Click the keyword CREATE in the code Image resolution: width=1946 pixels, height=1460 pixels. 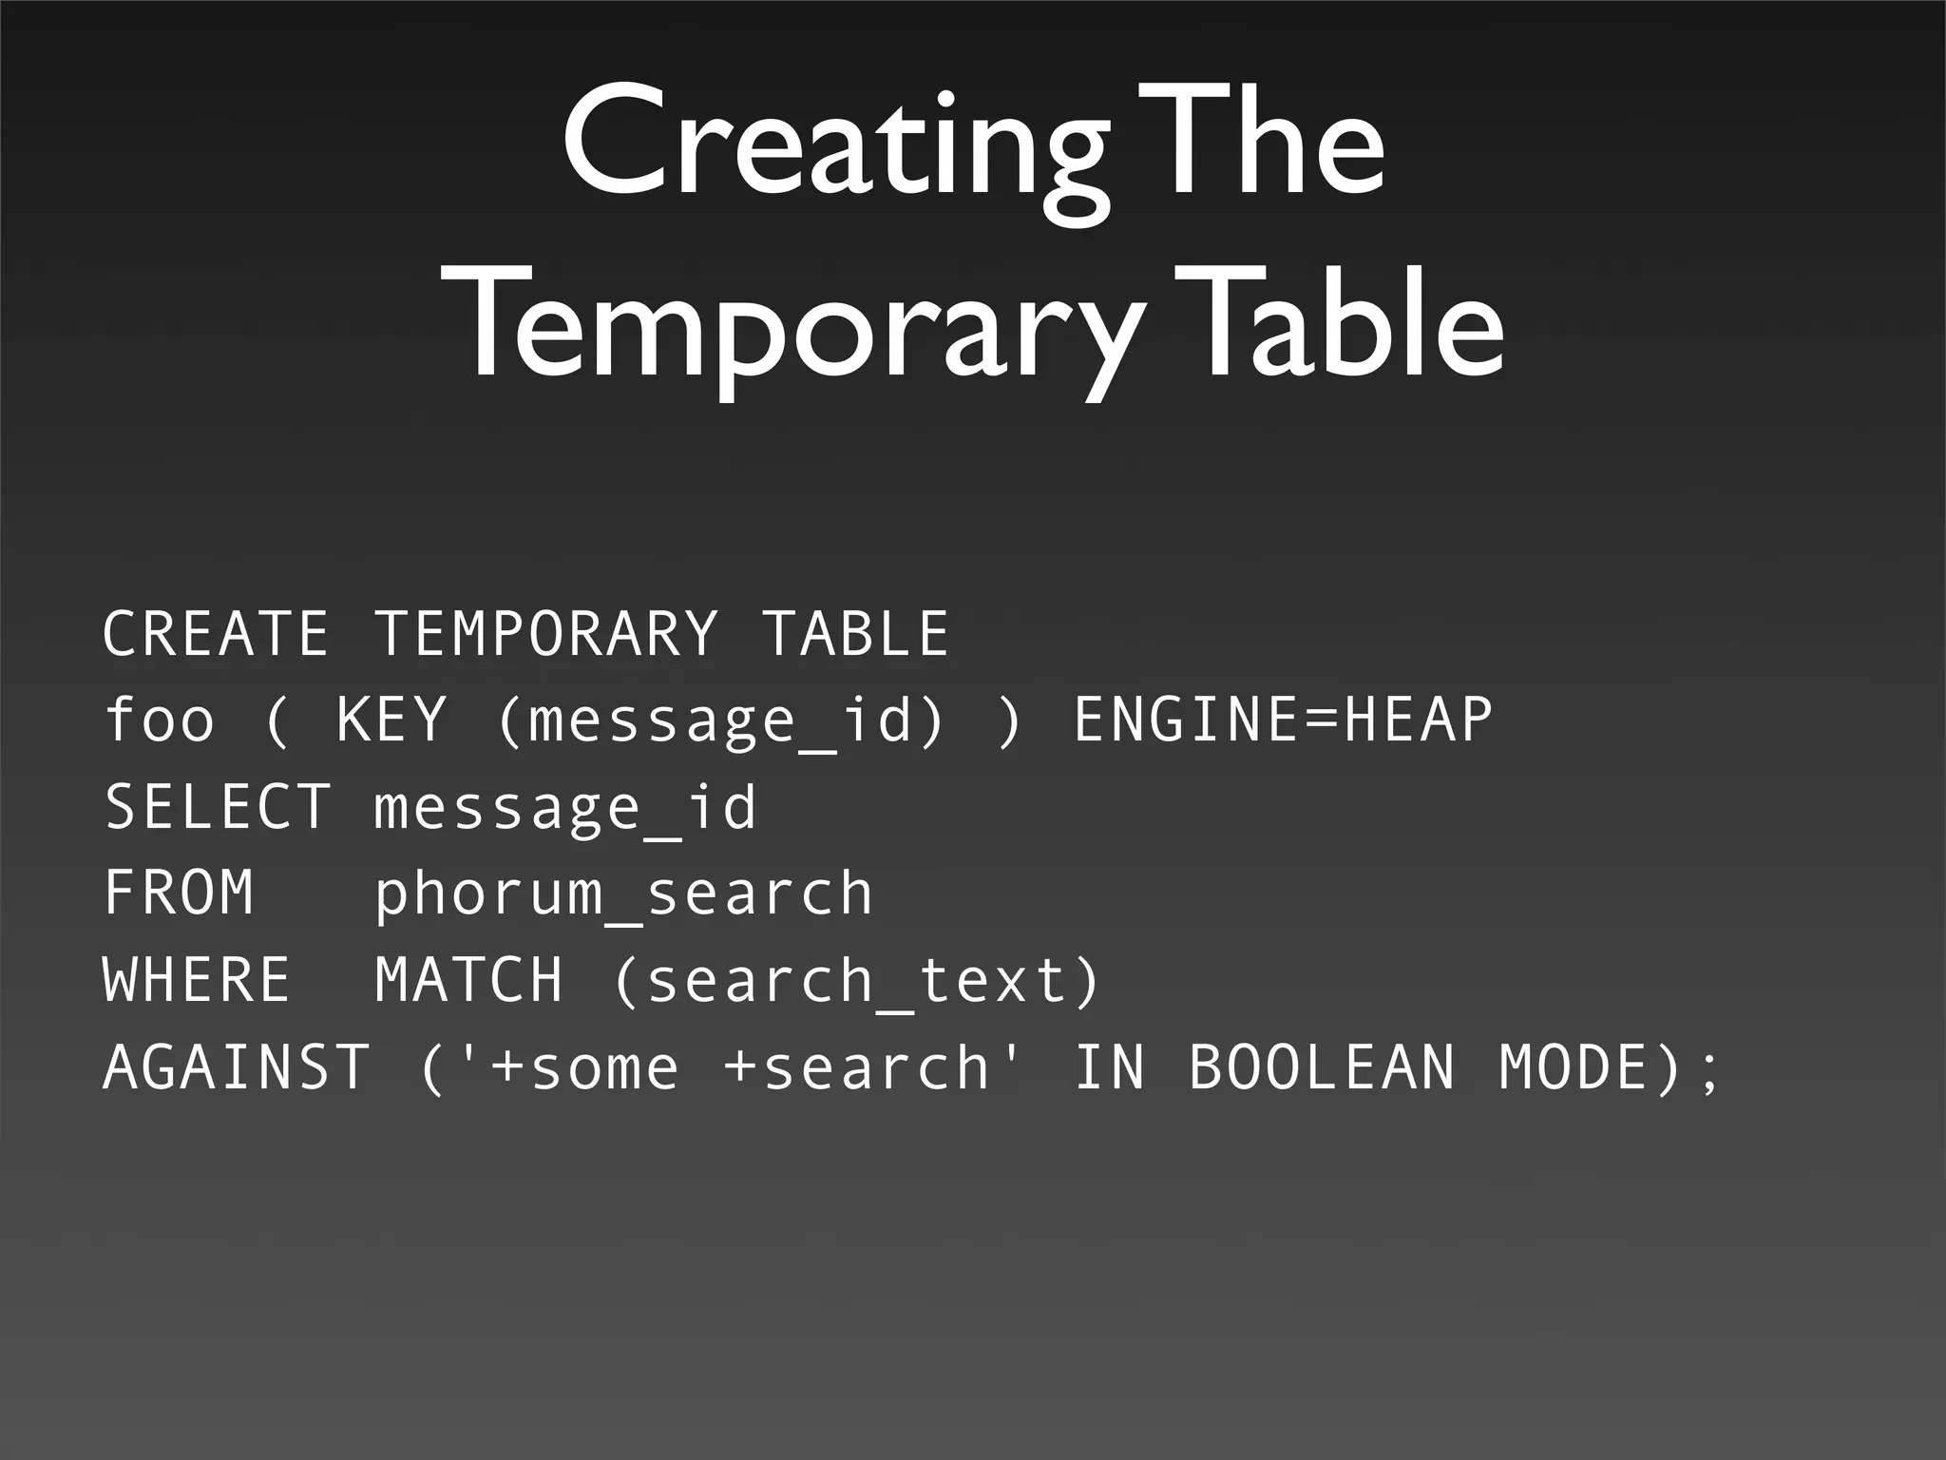(216, 634)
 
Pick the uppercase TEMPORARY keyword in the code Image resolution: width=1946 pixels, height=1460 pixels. (545, 634)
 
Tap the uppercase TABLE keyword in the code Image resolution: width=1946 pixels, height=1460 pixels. (855, 634)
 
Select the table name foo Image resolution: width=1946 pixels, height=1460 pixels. (159, 720)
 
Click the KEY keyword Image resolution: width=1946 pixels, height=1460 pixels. (391, 720)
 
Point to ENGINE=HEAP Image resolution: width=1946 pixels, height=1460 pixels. (1283, 720)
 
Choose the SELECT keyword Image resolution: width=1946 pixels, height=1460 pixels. (218, 807)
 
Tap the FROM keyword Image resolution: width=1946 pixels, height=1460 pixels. (179, 893)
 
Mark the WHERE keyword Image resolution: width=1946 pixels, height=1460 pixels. (197, 980)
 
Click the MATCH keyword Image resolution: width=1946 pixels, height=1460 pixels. (468, 980)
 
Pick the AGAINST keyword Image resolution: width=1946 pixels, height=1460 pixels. (236, 1067)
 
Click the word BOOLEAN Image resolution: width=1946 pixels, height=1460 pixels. (1322, 1067)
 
